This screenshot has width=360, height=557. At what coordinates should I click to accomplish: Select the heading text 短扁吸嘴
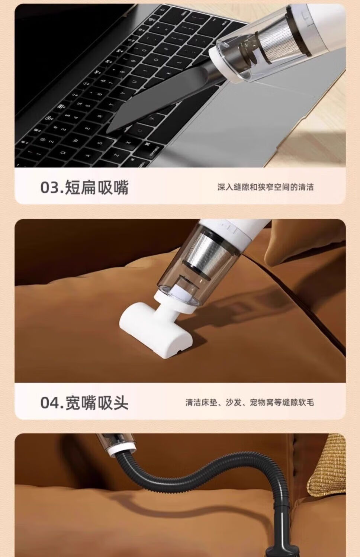click(97, 187)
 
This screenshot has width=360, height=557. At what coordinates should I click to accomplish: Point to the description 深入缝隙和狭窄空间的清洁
click(266, 187)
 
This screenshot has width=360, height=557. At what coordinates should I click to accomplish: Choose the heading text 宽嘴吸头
click(97, 402)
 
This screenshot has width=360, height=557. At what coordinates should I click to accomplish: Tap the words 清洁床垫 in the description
click(201, 402)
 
